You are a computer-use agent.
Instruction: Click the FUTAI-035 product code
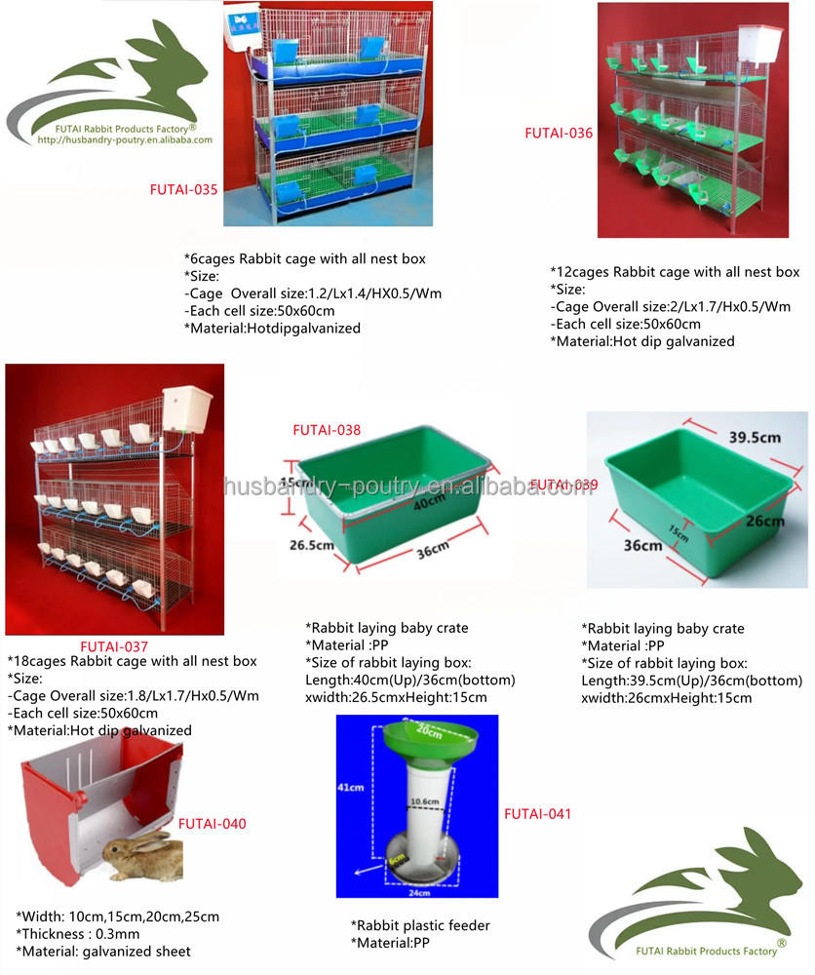click(183, 188)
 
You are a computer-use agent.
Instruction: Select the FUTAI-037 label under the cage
click(114, 645)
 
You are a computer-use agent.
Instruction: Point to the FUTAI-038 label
click(327, 428)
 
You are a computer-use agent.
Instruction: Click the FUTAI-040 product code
click(212, 824)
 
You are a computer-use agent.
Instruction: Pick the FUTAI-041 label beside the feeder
click(537, 813)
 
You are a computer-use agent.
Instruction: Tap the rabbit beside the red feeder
click(143, 856)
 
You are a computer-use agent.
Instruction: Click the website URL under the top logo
click(124, 140)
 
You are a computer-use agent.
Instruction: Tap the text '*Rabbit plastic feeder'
click(420, 925)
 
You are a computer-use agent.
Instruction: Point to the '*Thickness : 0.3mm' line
click(79, 934)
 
